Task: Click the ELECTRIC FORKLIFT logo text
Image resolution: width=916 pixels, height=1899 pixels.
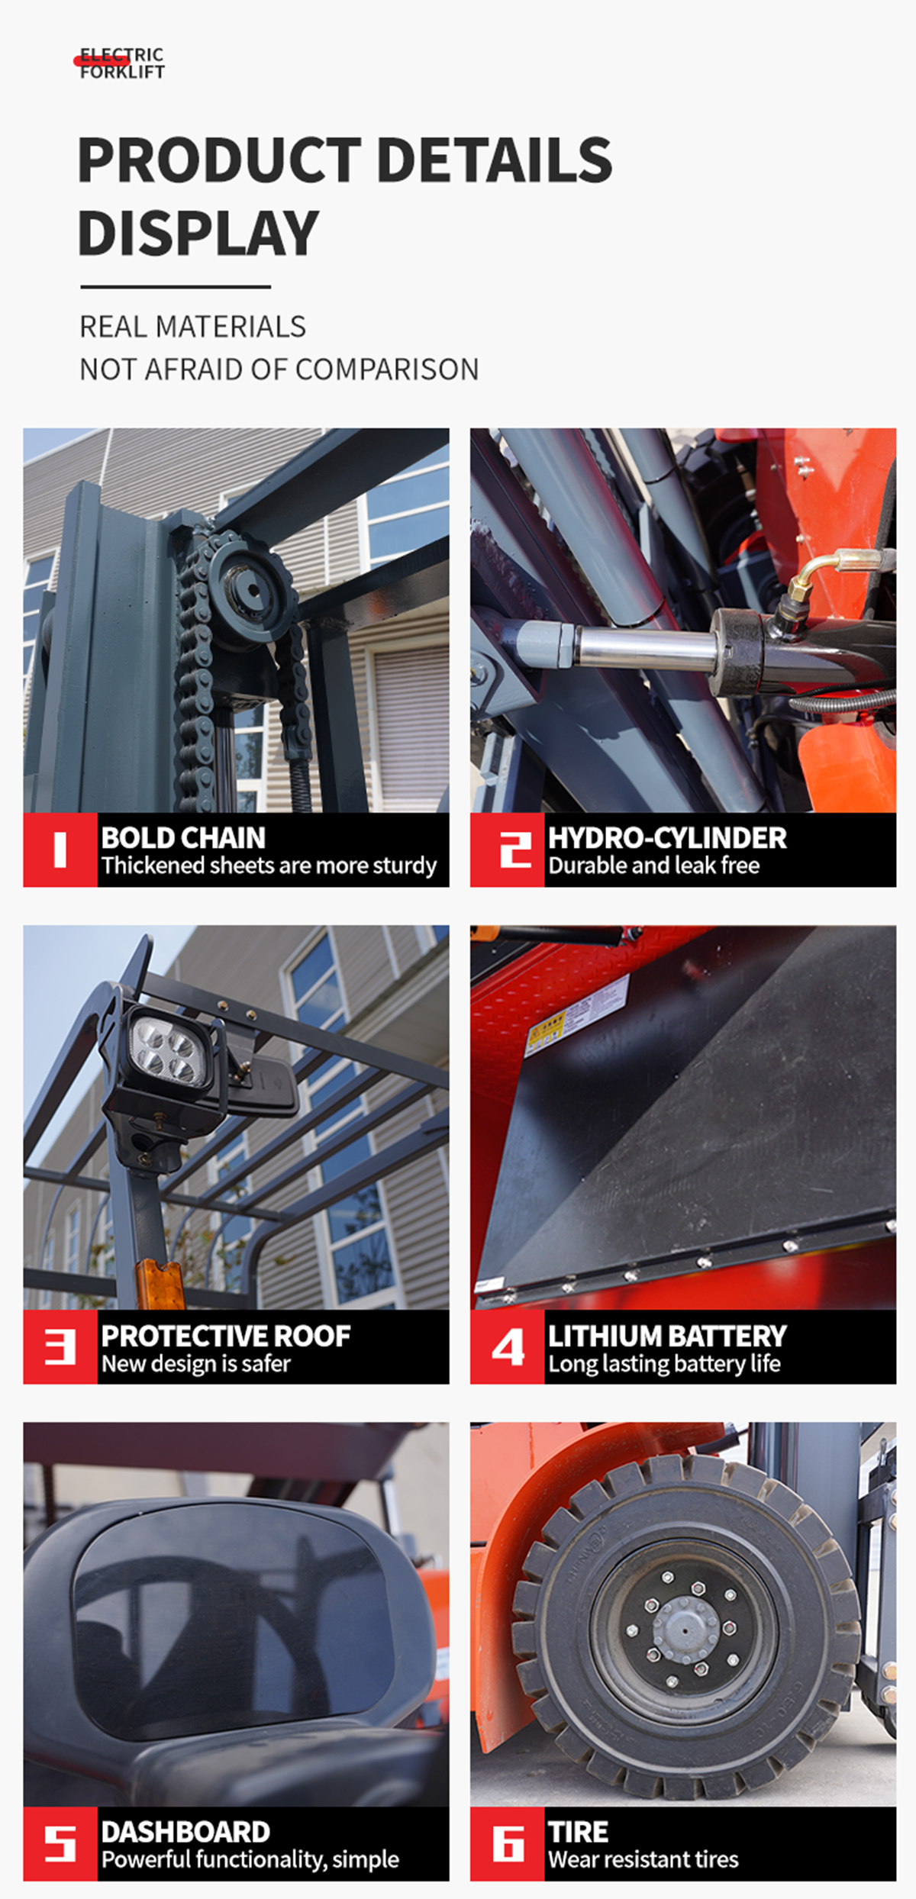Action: pyautogui.click(x=121, y=63)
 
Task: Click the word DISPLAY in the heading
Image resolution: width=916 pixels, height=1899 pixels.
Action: pyautogui.click(x=198, y=233)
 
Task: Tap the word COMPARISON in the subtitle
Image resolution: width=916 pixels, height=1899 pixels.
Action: pyautogui.click(x=387, y=369)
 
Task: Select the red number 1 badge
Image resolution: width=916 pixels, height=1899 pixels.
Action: pyautogui.click(x=60, y=850)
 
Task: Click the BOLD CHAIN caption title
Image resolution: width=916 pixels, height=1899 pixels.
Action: pyautogui.click(x=183, y=837)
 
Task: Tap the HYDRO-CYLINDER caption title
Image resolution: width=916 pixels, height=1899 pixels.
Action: pyautogui.click(x=666, y=837)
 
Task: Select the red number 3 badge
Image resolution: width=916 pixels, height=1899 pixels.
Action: pyautogui.click(x=60, y=1346)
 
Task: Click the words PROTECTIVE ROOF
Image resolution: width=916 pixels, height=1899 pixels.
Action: pyautogui.click(x=225, y=1335)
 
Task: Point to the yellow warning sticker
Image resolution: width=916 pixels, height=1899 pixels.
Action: pyautogui.click(x=547, y=1030)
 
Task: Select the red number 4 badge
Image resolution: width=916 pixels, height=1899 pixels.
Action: pyautogui.click(x=507, y=1346)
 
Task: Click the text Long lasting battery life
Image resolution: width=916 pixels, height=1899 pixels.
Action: pyautogui.click(x=664, y=1363)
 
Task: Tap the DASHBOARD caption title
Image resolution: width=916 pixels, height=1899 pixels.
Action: pyautogui.click(x=185, y=1831)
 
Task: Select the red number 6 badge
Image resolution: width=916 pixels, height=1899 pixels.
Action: pyautogui.click(x=507, y=1843)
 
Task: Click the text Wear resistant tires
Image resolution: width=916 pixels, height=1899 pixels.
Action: pyautogui.click(x=643, y=1859)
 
